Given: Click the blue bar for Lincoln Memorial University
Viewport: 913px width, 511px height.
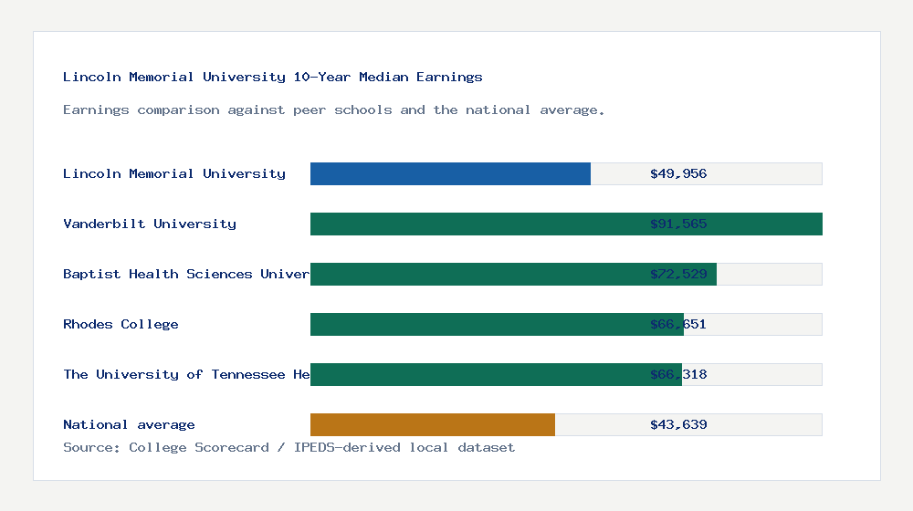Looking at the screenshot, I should [x=450, y=173].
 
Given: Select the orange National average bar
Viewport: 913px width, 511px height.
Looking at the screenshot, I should [x=433, y=424].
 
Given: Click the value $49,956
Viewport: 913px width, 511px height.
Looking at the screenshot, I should [x=678, y=173].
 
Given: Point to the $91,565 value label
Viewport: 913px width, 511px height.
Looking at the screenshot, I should [x=678, y=224].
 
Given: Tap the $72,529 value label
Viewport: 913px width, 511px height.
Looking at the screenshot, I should [x=678, y=274].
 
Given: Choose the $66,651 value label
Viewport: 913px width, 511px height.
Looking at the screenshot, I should [x=678, y=324].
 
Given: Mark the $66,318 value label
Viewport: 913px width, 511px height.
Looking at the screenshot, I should [x=678, y=374].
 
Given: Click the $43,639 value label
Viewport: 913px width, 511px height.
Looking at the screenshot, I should [x=678, y=424].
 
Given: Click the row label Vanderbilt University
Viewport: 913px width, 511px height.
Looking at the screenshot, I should [x=150, y=224].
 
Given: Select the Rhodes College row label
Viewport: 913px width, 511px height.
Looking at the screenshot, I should [x=121, y=324].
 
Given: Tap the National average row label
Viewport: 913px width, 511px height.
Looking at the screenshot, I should [x=129, y=424].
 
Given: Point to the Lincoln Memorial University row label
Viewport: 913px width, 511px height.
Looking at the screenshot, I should [x=174, y=173].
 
